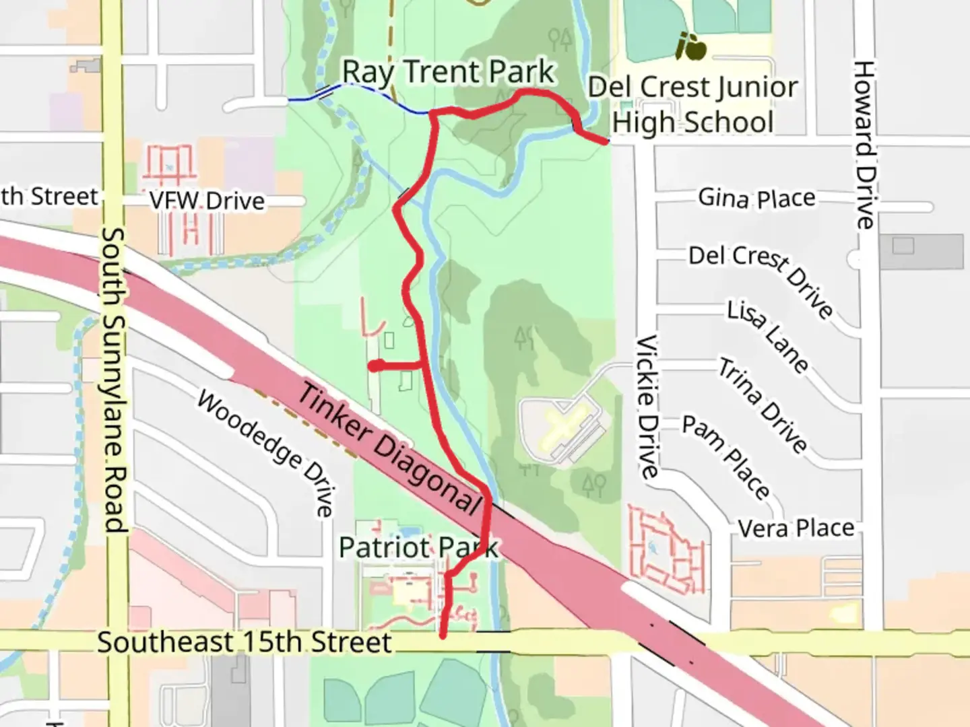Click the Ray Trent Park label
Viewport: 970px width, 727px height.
coord(448,72)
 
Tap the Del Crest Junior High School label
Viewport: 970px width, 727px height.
coord(692,105)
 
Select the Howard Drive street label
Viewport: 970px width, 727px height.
coord(864,145)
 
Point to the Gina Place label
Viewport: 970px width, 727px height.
coord(756,198)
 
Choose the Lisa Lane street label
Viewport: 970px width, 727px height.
coord(768,336)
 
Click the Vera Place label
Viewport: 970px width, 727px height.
coord(796,528)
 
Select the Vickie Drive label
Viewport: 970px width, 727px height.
coord(647,407)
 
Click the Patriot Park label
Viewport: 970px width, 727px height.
coord(418,548)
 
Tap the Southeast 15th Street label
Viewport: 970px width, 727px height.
coord(244,642)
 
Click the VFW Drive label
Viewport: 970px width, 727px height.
coord(207,201)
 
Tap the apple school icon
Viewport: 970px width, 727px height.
coord(691,46)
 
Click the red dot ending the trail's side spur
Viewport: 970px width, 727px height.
coord(375,366)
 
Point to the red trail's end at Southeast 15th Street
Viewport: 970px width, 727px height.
coord(443,634)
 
